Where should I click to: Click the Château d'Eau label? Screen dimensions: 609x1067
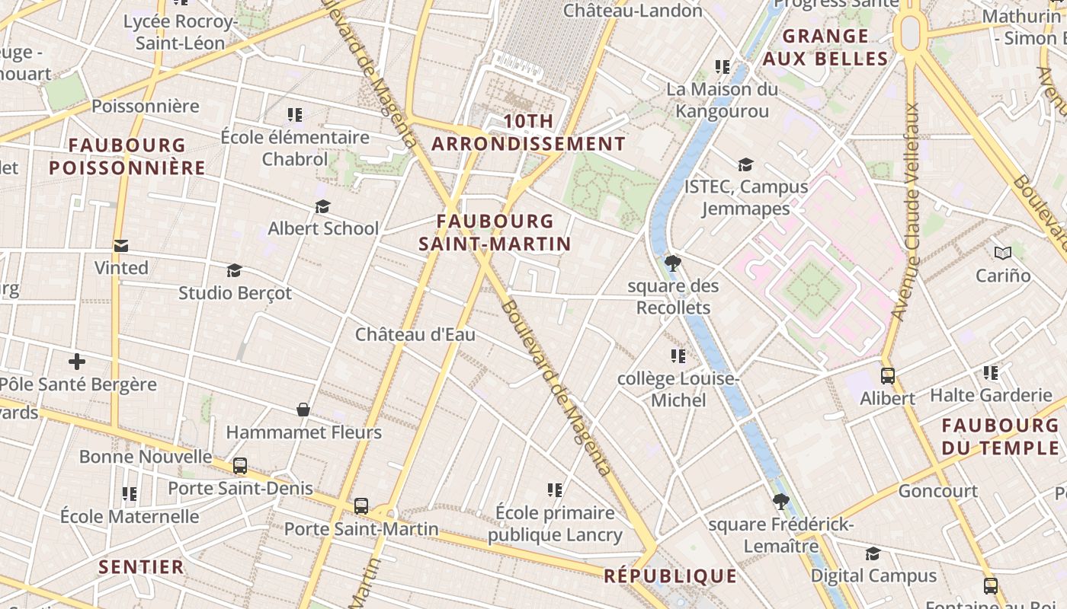415,334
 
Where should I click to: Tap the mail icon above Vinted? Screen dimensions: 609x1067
121,246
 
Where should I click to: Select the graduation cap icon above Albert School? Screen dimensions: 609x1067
323,207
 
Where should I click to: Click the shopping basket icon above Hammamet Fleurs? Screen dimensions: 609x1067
303,410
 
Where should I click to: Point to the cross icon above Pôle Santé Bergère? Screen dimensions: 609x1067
77,362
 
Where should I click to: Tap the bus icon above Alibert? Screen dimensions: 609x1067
888,375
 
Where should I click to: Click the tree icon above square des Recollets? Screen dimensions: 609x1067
672,263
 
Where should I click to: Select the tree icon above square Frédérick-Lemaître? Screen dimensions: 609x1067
780,502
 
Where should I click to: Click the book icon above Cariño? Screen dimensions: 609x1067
1002,253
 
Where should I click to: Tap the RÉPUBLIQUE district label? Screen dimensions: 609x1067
671,576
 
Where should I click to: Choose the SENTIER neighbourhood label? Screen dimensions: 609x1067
142,567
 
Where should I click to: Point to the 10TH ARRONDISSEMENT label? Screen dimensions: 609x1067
529,132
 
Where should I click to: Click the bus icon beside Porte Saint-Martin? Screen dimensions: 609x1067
361,505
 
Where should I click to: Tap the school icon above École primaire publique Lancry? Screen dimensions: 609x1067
555,489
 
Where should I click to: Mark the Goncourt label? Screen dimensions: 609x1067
937,491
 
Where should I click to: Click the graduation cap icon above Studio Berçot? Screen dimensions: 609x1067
234,270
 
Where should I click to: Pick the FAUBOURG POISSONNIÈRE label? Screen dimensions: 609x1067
127,156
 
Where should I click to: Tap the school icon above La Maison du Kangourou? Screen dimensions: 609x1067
723,66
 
